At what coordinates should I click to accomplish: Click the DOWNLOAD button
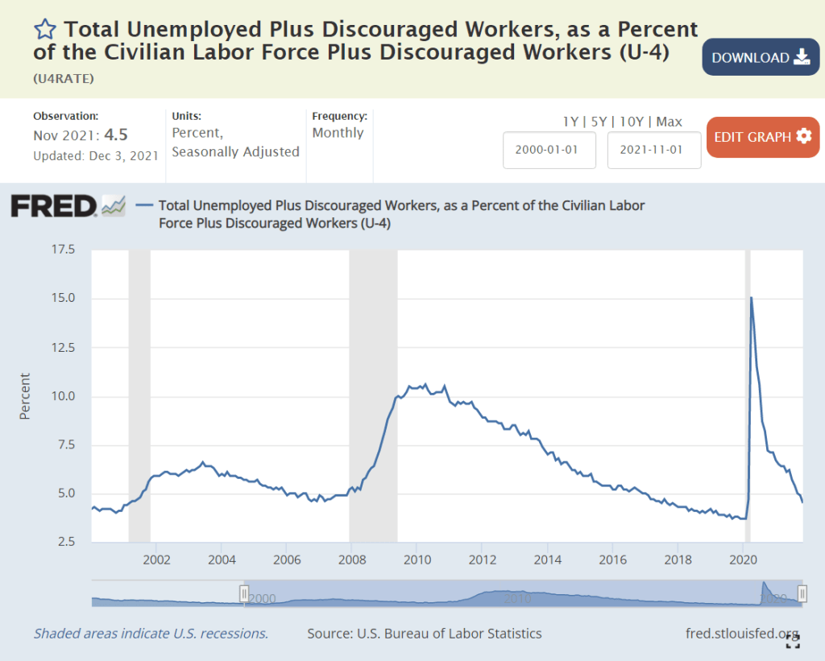[761, 57]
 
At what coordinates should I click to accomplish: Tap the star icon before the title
[45, 31]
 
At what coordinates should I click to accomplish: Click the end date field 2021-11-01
[653, 151]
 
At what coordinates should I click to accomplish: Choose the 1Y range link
[570, 122]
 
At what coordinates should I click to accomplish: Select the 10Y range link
[632, 122]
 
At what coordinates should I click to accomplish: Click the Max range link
[669, 122]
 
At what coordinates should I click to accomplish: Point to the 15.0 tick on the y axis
[63, 299]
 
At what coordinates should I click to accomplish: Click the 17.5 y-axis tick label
[63, 250]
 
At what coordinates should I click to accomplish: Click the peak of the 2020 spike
[752, 298]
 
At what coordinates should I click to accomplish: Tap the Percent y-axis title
[25, 395]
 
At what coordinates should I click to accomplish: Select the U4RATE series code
[64, 78]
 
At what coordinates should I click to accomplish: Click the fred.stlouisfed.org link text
[741, 633]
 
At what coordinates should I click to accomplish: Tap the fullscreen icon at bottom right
[793, 641]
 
